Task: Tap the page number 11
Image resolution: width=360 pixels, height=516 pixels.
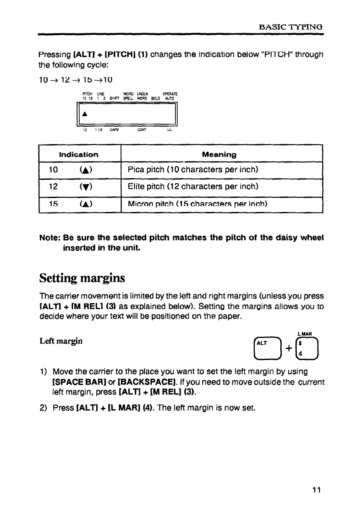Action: coord(316,491)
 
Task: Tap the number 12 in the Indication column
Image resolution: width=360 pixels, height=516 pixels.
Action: coord(53,187)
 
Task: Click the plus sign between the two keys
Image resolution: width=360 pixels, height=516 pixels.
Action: coord(288,349)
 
